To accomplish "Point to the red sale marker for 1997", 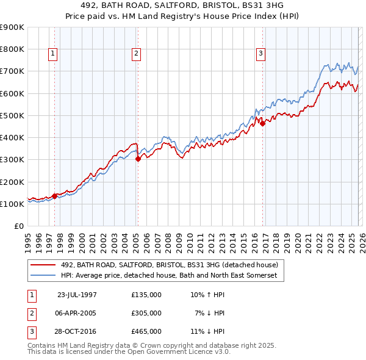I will click(55, 196).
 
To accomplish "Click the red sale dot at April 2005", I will click(137, 159).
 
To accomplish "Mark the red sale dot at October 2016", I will click(263, 123).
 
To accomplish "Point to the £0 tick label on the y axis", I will click(18, 226).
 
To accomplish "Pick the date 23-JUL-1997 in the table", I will click(77, 294).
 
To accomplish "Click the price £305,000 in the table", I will click(146, 313).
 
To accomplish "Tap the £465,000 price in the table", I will click(146, 332).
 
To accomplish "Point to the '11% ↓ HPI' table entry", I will click(207, 332).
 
